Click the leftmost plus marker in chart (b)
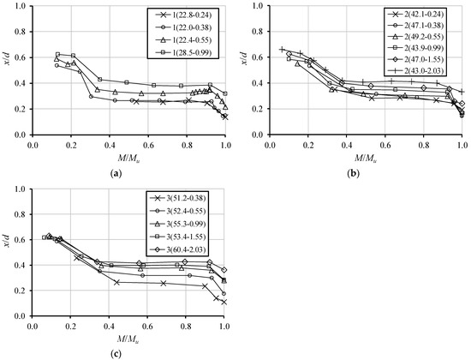point(282,49)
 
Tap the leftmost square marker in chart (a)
point(57,54)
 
